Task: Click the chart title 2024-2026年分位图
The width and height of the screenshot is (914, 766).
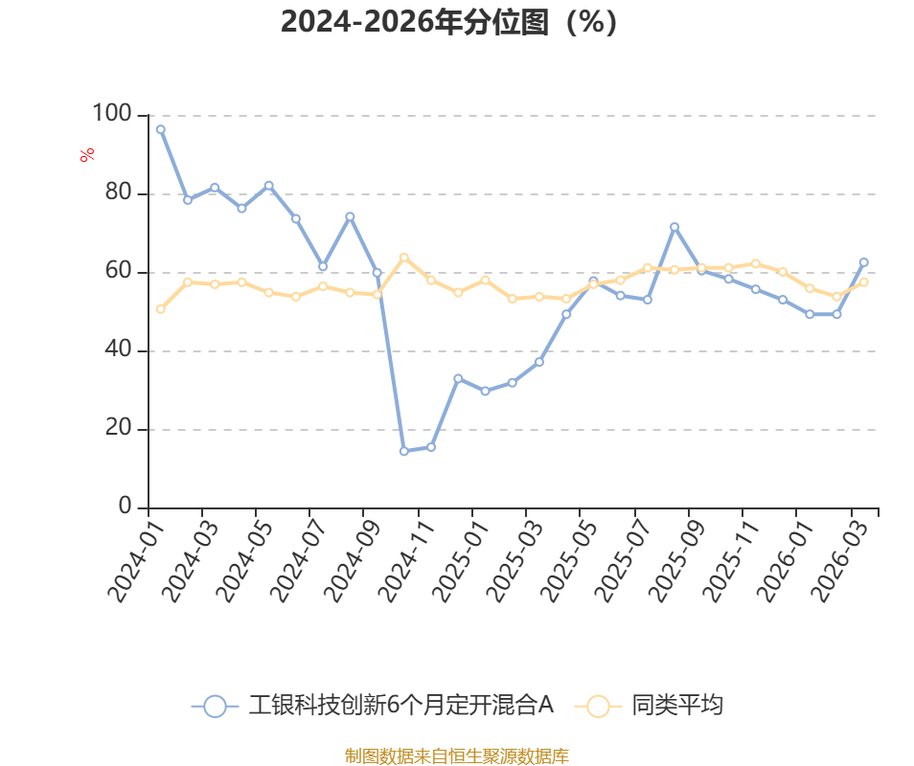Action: (448, 21)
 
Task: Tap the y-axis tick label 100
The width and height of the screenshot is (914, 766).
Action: (111, 114)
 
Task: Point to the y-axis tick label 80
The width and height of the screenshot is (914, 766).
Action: (117, 193)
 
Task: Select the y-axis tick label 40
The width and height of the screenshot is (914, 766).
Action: (117, 350)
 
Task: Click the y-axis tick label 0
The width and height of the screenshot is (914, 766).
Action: (125, 507)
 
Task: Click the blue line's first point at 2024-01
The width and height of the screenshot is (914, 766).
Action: (160, 129)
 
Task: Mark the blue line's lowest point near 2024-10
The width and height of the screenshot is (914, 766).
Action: (403, 451)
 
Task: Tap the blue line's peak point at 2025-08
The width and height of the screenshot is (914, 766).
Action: (674, 227)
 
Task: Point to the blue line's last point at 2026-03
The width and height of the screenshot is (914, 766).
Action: (863, 262)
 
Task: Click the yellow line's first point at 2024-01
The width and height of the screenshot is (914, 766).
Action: (160, 309)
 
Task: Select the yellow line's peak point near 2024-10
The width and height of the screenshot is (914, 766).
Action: (403, 257)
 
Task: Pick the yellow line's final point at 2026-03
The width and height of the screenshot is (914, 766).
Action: (863, 282)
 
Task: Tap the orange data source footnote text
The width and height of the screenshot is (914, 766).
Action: (456, 756)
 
